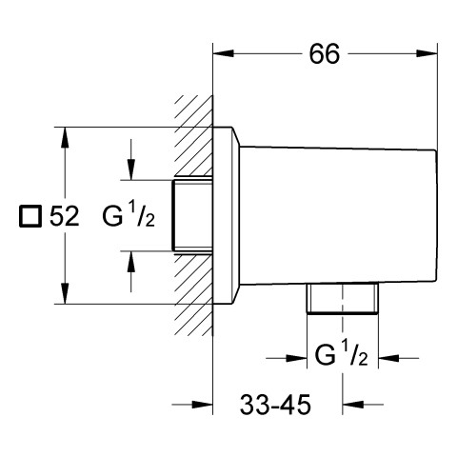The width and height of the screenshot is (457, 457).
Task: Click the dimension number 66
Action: coord(325,54)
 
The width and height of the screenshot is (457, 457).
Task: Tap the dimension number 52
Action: coord(65,217)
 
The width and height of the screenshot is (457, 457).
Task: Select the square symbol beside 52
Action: coord(30,217)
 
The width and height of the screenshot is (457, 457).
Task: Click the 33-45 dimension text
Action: coord(275,405)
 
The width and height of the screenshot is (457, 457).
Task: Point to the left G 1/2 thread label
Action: coord(129,215)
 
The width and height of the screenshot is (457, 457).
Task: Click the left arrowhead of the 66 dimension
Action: coord(224,53)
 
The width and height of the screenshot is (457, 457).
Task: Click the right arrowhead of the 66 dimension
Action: coord(427,53)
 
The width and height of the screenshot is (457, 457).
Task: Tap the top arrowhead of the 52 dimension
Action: coord(65,137)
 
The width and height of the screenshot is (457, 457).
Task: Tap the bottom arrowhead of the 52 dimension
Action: coord(65,293)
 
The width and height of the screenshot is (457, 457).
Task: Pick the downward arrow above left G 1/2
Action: coord(130,159)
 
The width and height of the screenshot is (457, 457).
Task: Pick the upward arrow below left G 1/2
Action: coord(130,271)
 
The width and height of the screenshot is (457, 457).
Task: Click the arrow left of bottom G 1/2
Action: coord(287,359)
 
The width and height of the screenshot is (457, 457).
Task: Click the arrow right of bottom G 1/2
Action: coord(399,359)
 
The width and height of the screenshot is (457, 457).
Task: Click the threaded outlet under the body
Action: coord(343,298)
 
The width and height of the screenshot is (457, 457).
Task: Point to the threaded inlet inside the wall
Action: coord(192,216)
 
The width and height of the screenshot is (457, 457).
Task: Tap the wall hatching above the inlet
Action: coord(193,136)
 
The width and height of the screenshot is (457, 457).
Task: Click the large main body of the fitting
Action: coord(338,215)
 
